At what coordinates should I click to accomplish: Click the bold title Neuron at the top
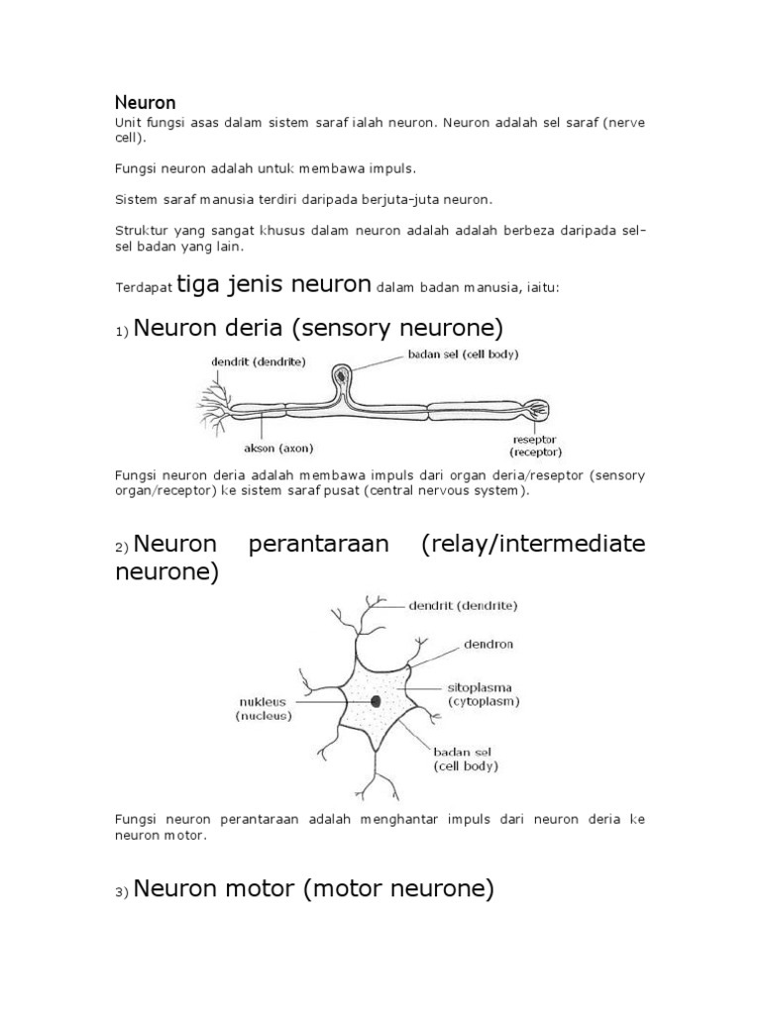145,102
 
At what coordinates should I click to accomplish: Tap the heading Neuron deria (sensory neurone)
318,328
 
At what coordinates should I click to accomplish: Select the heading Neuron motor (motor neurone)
313,889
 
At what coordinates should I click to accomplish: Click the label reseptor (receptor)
534,445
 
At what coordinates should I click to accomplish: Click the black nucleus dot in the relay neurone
377,701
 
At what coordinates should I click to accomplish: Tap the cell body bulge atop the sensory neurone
342,377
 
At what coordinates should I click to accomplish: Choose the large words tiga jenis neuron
274,285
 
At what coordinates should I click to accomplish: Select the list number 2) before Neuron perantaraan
122,548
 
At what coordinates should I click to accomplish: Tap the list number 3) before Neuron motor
122,893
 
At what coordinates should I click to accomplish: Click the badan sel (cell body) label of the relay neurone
465,758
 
